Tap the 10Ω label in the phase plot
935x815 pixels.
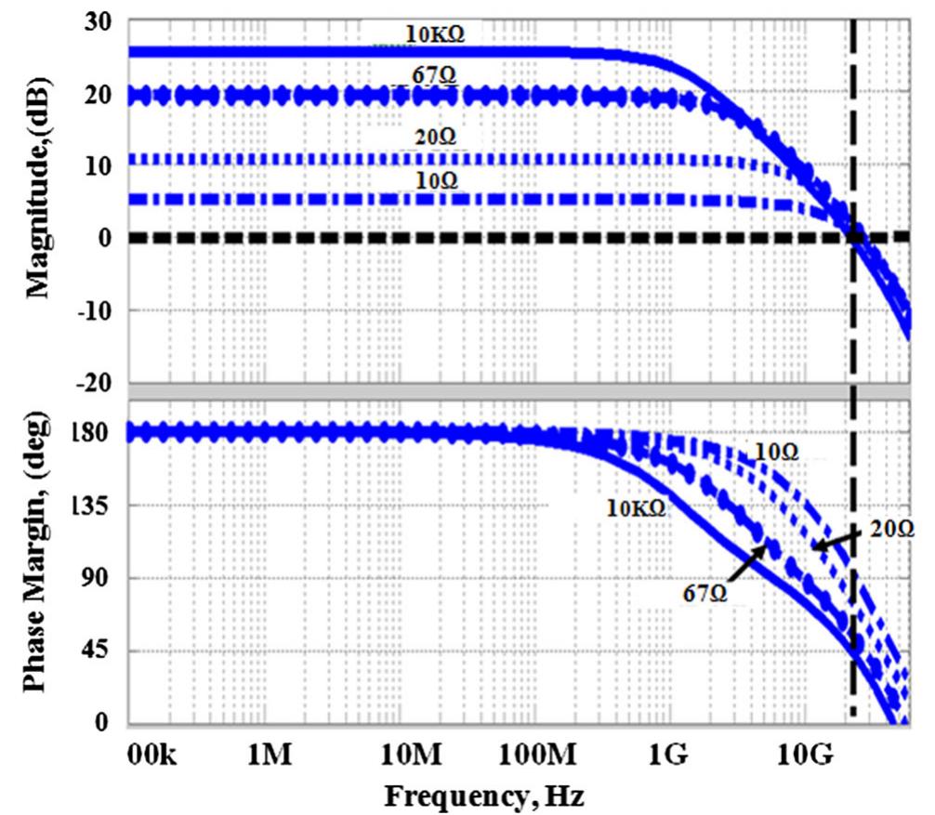coord(777,452)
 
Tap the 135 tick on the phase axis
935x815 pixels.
coord(92,506)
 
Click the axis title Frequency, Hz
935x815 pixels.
coord(485,795)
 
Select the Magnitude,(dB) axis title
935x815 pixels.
coord(39,189)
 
